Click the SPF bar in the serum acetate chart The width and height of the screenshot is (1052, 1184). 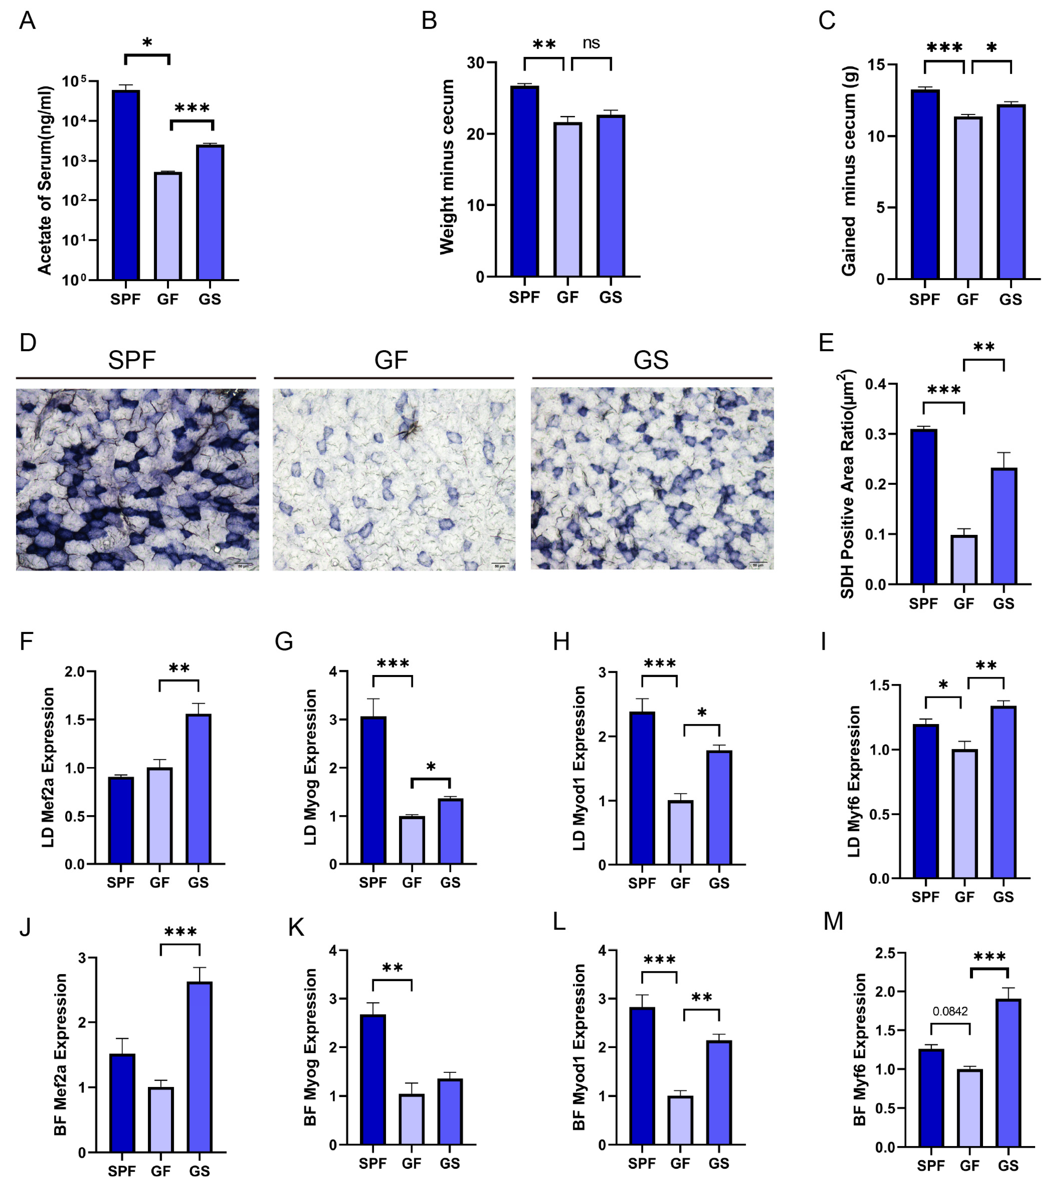point(126,185)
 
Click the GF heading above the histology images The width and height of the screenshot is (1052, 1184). point(391,360)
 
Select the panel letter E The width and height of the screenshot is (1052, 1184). point(826,343)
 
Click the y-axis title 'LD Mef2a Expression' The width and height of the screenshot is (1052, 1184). point(48,767)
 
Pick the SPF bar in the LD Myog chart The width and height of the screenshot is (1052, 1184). point(374,790)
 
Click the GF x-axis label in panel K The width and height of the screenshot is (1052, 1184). point(411,1163)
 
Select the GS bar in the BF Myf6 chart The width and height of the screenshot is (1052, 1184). point(1008,1073)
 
